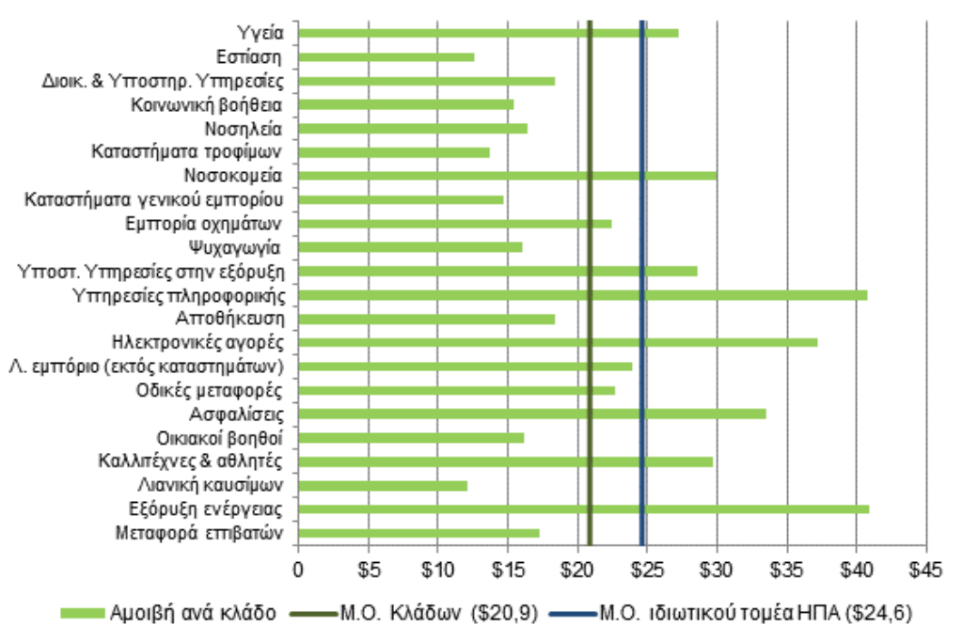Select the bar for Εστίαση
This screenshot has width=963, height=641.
click(386, 57)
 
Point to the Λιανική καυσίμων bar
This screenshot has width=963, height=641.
click(382, 486)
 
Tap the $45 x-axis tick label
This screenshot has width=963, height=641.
click(926, 569)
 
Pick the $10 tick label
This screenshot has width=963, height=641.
click(437, 569)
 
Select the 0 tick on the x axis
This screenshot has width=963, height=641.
click(298, 569)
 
